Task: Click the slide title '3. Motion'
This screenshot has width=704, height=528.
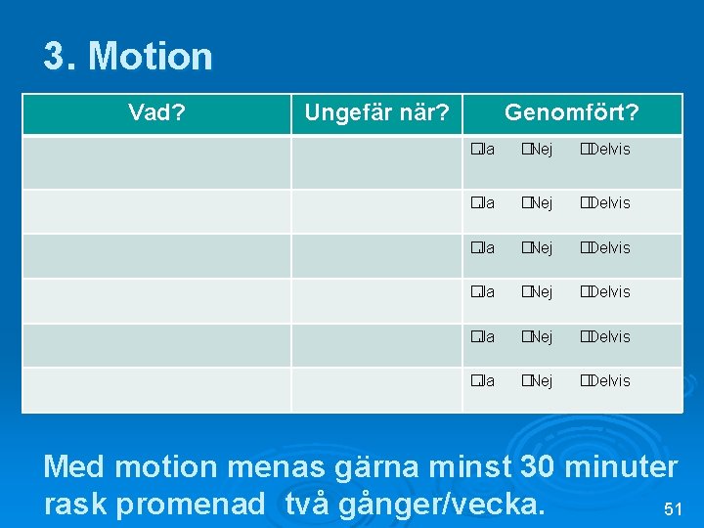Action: click(x=127, y=57)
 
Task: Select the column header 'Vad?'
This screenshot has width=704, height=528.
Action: click(x=157, y=113)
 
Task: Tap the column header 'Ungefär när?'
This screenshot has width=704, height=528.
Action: click(x=376, y=113)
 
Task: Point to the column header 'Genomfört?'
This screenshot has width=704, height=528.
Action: click(x=571, y=113)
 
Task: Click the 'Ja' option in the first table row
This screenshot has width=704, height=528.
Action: click(x=480, y=150)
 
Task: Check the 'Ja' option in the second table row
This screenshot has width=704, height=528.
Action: click(x=480, y=203)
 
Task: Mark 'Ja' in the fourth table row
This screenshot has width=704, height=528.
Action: click(x=480, y=292)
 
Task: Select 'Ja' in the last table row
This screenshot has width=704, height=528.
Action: click(x=480, y=381)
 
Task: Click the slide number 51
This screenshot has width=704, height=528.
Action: click(x=672, y=509)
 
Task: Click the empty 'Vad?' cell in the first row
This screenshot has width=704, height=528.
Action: click(x=157, y=161)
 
